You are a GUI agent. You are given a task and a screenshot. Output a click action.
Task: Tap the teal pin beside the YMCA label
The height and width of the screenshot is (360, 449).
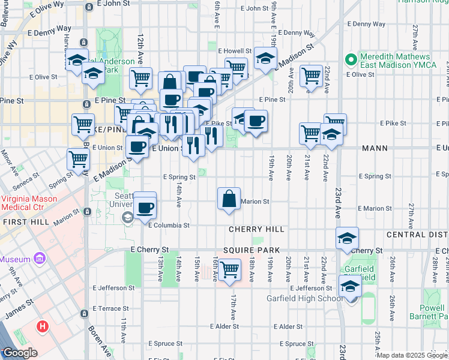[351, 59]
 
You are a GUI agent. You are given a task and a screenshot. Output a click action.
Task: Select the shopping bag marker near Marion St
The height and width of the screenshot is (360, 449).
[229, 199]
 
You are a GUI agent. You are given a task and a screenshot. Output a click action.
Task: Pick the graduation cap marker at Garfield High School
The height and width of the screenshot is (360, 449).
[351, 287]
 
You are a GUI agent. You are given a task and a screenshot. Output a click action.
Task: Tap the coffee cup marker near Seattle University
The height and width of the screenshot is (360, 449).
[145, 207]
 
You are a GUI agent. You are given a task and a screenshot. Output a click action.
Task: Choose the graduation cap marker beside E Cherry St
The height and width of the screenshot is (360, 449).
[346, 239]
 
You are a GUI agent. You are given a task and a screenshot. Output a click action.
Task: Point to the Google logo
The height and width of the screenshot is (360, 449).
[19, 353]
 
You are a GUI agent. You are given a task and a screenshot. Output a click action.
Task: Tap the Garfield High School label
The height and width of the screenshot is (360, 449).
[305, 298]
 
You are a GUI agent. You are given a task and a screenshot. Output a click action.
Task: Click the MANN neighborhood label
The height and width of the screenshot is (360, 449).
[374, 148]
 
